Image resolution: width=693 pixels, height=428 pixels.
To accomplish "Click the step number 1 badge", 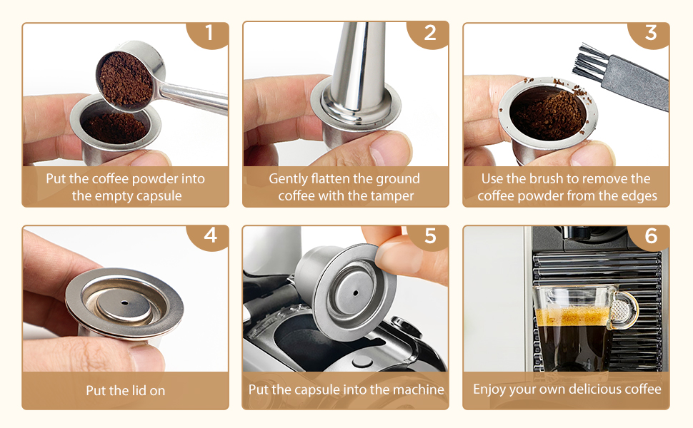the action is click(x=208, y=34).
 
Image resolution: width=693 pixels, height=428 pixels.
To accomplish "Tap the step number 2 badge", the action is click(x=429, y=34).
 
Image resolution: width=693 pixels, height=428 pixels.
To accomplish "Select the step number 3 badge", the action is click(x=649, y=34).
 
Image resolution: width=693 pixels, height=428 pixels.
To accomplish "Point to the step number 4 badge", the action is click(x=209, y=236).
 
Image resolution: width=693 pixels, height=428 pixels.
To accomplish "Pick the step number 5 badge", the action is click(x=429, y=236).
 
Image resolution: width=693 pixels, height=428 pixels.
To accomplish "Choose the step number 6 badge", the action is click(x=650, y=236).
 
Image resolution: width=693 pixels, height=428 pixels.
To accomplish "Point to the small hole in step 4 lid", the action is click(x=124, y=303).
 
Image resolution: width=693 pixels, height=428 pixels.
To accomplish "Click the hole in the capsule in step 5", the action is click(x=355, y=292).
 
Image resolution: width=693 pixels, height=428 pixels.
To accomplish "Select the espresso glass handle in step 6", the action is click(x=624, y=309).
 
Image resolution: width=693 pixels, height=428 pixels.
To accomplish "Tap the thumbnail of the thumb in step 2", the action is click(x=389, y=146).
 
